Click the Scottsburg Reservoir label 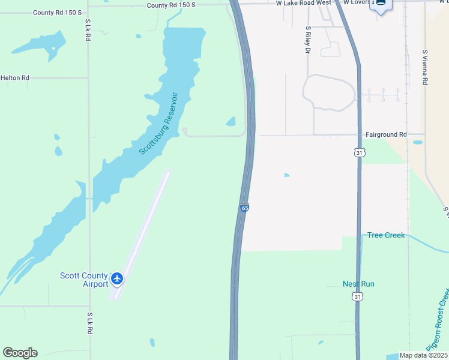(x=159, y=123)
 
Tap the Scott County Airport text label (x=84, y=280)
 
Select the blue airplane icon (x=117, y=279)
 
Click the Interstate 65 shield (x=244, y=208)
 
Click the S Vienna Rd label (x=424, y=67)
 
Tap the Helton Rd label (x=15, y=78)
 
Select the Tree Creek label (x=386, y=235)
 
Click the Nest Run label (x=358, y=284)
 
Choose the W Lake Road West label (x=303, y=3)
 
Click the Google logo (x=20, y=353)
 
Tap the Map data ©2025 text (x=423, y=355)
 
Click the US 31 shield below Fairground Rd (x=358, y=153)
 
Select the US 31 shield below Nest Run (x=358, y=296)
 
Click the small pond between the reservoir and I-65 (x=231, y=121)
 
